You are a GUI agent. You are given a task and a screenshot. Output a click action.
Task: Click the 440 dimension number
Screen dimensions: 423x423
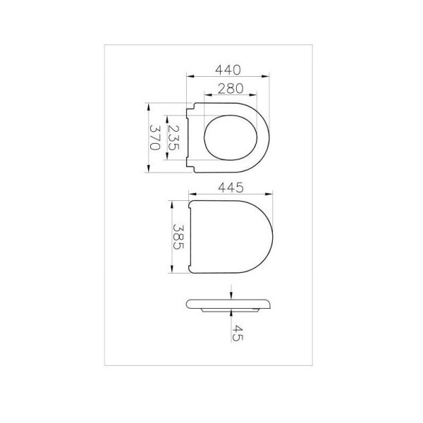pyautogui.click(x=228, y=70)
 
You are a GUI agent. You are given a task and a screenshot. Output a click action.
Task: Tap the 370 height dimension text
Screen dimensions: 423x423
pyautogui.click(x=154, y=137)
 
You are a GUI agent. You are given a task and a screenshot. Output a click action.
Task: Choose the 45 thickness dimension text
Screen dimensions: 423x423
pyautogui.click(x=236, y=332)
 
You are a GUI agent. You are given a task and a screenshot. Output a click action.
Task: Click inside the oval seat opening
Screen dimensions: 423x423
pyautogui.click(x=228, y=137)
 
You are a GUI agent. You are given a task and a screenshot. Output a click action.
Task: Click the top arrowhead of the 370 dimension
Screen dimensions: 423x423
pyautogui.click(x=149, y=104)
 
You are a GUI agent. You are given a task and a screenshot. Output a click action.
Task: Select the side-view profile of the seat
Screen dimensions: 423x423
pyautogui.click(x=228, y=305)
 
